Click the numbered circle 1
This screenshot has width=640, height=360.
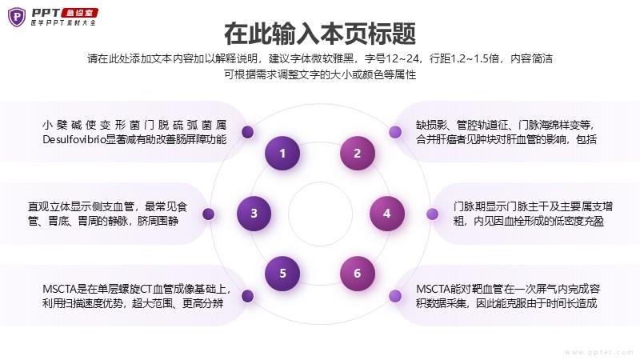[282, 153]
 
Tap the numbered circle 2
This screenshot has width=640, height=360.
[357, 153]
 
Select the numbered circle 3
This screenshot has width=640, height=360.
[254, 214]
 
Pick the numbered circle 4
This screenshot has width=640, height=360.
[387, 214]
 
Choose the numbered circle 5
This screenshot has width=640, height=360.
[282, 274]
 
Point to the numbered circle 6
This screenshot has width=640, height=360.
[357, 274]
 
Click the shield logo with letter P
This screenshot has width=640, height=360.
[17, 17]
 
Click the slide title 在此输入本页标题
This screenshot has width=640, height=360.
[320, 34]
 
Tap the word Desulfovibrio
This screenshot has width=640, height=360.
[74, 139]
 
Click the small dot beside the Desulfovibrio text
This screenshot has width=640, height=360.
[248, 132]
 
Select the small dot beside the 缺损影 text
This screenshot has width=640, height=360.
[394, 132]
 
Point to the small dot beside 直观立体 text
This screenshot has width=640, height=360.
[209, 214]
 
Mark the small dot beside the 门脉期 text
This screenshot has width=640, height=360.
[432, 214]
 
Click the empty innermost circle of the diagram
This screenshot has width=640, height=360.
[321, 214]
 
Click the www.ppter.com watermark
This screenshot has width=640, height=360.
[598, 352]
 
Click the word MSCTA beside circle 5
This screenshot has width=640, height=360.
[59, 289]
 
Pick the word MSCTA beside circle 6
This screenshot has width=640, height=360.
[433, 289]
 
